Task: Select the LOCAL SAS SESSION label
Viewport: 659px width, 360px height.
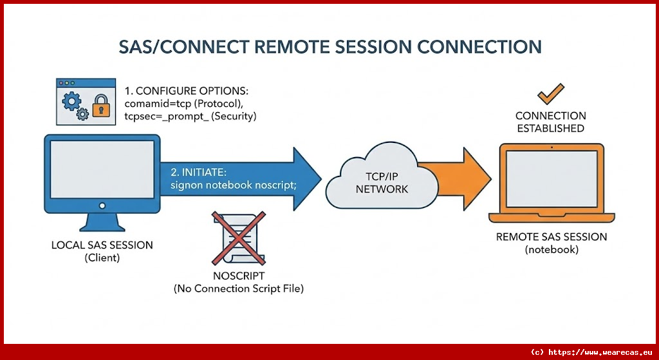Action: tap(102, 245)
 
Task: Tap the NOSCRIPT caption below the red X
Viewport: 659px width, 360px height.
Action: tap(238, 277)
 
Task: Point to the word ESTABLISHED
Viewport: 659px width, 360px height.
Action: tap(550, 128)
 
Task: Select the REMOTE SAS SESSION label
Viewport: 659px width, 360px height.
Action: tap(551, 237)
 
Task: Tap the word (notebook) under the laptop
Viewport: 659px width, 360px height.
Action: tap(551, 249)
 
